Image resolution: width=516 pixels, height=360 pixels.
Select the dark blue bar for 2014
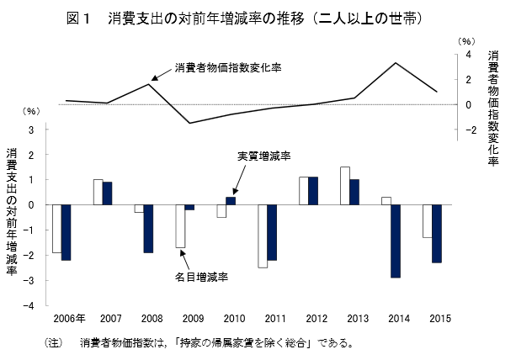pos(396,241)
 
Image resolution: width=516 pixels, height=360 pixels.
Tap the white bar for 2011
pos(263,236)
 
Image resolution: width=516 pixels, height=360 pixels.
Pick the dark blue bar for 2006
pos(66,232)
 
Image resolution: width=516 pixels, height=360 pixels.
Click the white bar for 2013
pos(345,185)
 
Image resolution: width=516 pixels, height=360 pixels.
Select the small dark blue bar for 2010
pos(231,200)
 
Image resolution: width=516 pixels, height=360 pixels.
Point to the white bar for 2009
pos(180,225)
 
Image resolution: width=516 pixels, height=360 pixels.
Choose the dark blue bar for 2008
pos(148,229)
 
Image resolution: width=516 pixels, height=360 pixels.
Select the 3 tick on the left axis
pos(33,130)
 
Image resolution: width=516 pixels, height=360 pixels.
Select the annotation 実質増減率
pos(263,156)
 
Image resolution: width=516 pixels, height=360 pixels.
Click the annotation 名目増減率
pos(203,277)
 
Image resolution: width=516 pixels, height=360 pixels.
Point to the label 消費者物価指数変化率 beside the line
pos(227,66)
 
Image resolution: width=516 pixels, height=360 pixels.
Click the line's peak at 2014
pos(396,63)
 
